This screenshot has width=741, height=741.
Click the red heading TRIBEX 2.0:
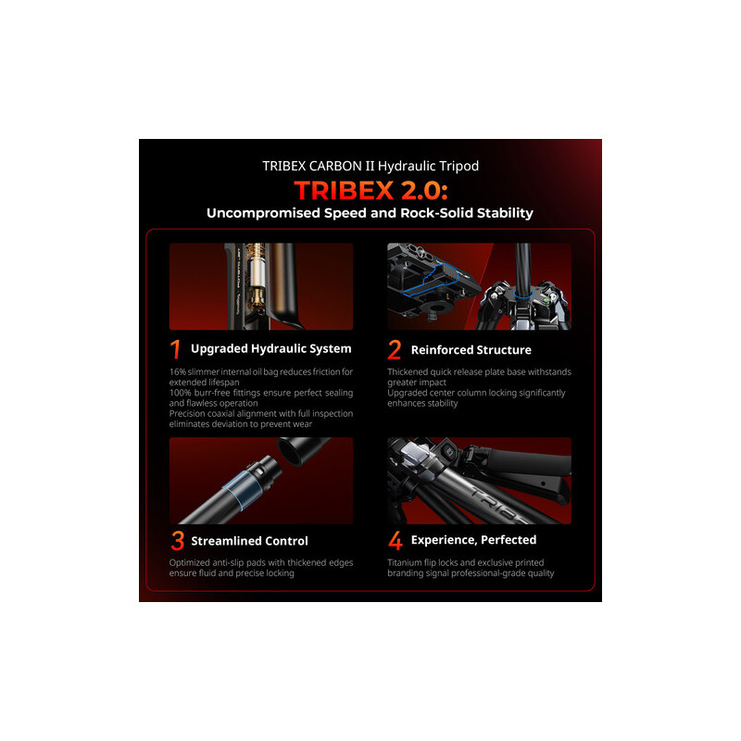371,191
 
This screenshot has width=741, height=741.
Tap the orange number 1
175,350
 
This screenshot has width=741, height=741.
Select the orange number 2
395,350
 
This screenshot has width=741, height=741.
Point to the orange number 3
178,541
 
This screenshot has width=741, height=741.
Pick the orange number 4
396,540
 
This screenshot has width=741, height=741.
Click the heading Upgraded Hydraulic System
270,349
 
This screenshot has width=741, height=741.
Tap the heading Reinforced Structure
471,350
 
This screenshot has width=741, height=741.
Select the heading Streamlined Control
249,541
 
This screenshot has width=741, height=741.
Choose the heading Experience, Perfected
473,540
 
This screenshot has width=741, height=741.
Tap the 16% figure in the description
178,372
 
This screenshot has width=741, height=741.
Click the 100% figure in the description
180,393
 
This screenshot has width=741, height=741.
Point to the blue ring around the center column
523,295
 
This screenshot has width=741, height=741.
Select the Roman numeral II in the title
369,166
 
